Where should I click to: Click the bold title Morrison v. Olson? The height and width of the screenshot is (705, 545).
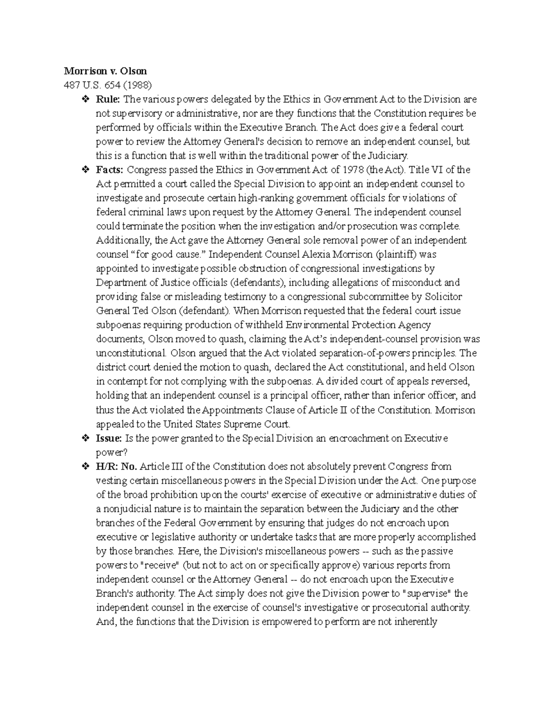(105, 71)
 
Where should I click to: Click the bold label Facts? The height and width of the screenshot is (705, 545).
(109, 170)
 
